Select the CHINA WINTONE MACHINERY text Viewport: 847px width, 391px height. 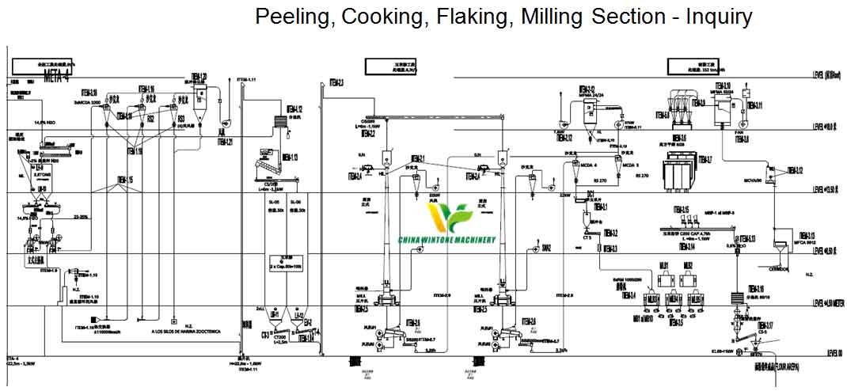click(454, 240)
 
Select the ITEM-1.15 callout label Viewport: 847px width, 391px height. click(125, 180)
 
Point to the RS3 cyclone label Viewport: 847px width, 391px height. click(181, 118)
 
